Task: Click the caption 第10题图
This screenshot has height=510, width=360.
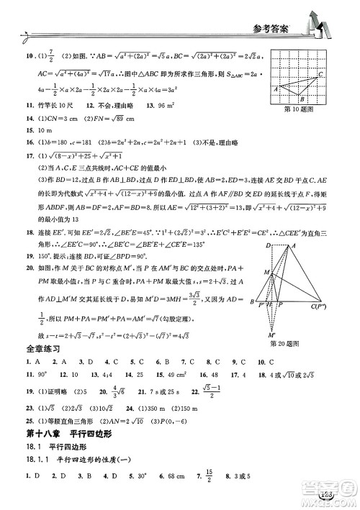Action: [x=301, y=110]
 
